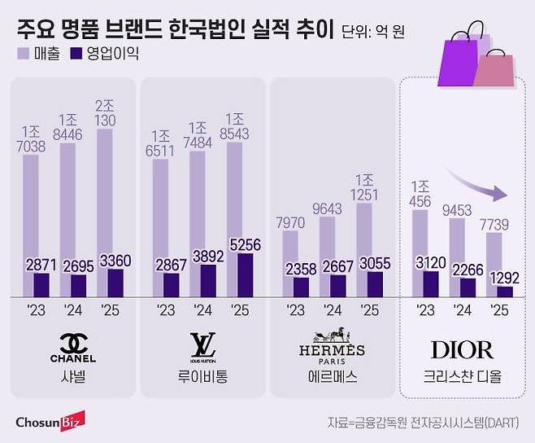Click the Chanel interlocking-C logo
point(72,342)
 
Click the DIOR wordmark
point(462,350)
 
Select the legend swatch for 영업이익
point(78,55)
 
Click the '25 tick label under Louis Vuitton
point(240,310)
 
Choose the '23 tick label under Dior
point(428,310)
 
